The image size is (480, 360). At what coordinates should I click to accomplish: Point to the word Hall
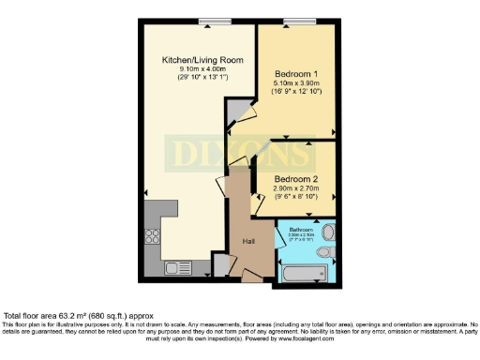click(249, 241)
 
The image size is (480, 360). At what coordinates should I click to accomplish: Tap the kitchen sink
click(178, 268)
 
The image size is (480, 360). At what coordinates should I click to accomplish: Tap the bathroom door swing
click(282, 237)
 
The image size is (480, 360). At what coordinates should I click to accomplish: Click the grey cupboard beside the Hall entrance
click(219, 265)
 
